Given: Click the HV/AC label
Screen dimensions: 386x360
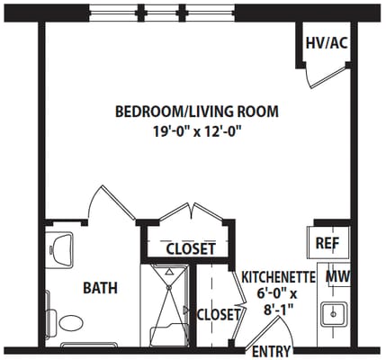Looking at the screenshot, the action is [327, 43].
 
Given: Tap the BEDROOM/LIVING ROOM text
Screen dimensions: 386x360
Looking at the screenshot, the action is [197, 112].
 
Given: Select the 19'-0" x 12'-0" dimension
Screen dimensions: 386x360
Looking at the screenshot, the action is [197, 131].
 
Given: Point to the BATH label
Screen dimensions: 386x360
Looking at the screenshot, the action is [100, 288].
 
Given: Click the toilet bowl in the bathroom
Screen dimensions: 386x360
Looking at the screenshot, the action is [71, 323].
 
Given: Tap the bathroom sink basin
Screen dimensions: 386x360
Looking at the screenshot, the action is [61, 249].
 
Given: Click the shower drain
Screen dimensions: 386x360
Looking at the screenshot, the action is [169, 287].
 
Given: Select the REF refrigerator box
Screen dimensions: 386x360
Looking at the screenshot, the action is [328, 243].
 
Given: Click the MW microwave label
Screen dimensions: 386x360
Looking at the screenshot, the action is [338, 276].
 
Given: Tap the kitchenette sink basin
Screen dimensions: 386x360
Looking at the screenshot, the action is [334, 314].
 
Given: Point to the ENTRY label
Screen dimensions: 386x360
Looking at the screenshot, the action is [272, 351].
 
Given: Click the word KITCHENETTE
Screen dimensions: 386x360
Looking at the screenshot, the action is [278, 277].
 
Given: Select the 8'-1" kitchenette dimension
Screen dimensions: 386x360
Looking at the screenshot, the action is [278, 310].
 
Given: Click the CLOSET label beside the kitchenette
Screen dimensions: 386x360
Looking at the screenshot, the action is [219, 314].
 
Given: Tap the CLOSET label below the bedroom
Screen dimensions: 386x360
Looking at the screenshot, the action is [191, 248].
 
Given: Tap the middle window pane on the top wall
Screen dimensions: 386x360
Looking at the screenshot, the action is [162, 13].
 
